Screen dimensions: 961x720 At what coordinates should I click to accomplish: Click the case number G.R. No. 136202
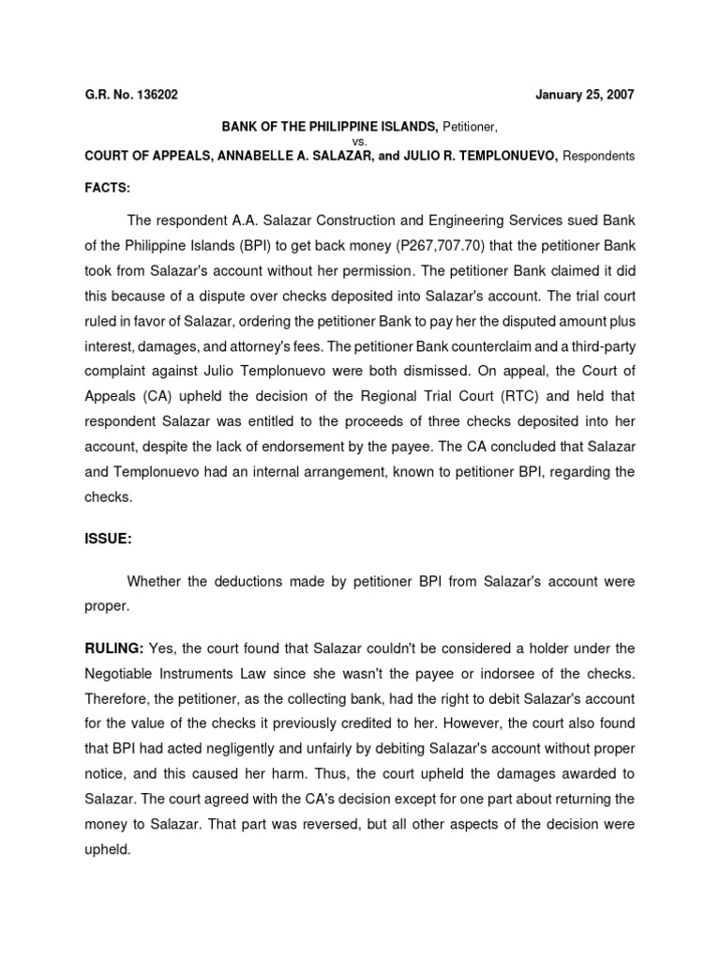(x=129, y=95)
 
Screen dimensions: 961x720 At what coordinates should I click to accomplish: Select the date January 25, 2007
(x=584, y=95)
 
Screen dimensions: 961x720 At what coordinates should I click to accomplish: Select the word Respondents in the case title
(x=598, y=156)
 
